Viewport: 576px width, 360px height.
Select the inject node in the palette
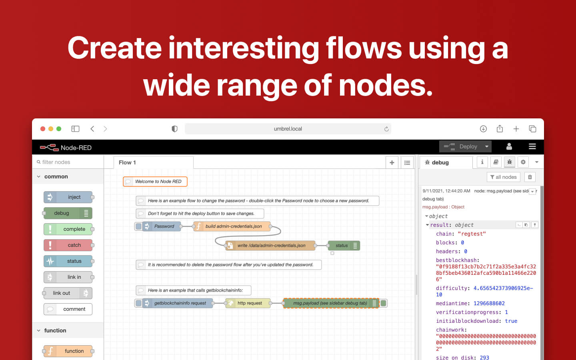pyautogui.click(x=68, y=197)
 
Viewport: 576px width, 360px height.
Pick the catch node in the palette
pyautogui.click(x=68, y=245)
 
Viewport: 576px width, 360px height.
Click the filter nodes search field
pyautogui.click(x=68, y=162)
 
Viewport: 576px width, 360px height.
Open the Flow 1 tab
pyautogui.click(x=128, y=162)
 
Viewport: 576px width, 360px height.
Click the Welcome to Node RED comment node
pyautogui.click(x=155, y=182)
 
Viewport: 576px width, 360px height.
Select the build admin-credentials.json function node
pyautogui.click(x=232, y=226)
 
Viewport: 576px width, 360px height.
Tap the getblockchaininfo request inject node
pyautogui.click(x=178, y=303)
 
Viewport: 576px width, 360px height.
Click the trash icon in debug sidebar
pyautogui.click(x=530, y=177)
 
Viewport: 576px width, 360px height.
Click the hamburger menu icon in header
pyautogui.click(x=532, y=146)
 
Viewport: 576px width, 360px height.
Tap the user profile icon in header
pyautogui.click(x=509, y=146)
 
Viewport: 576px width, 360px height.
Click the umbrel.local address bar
pyautogui.click(x=288, y=129)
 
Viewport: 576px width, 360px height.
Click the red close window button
pyautogui.click(x=43, y=129)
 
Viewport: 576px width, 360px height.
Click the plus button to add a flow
pyautogui.click(x=392, y=162)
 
